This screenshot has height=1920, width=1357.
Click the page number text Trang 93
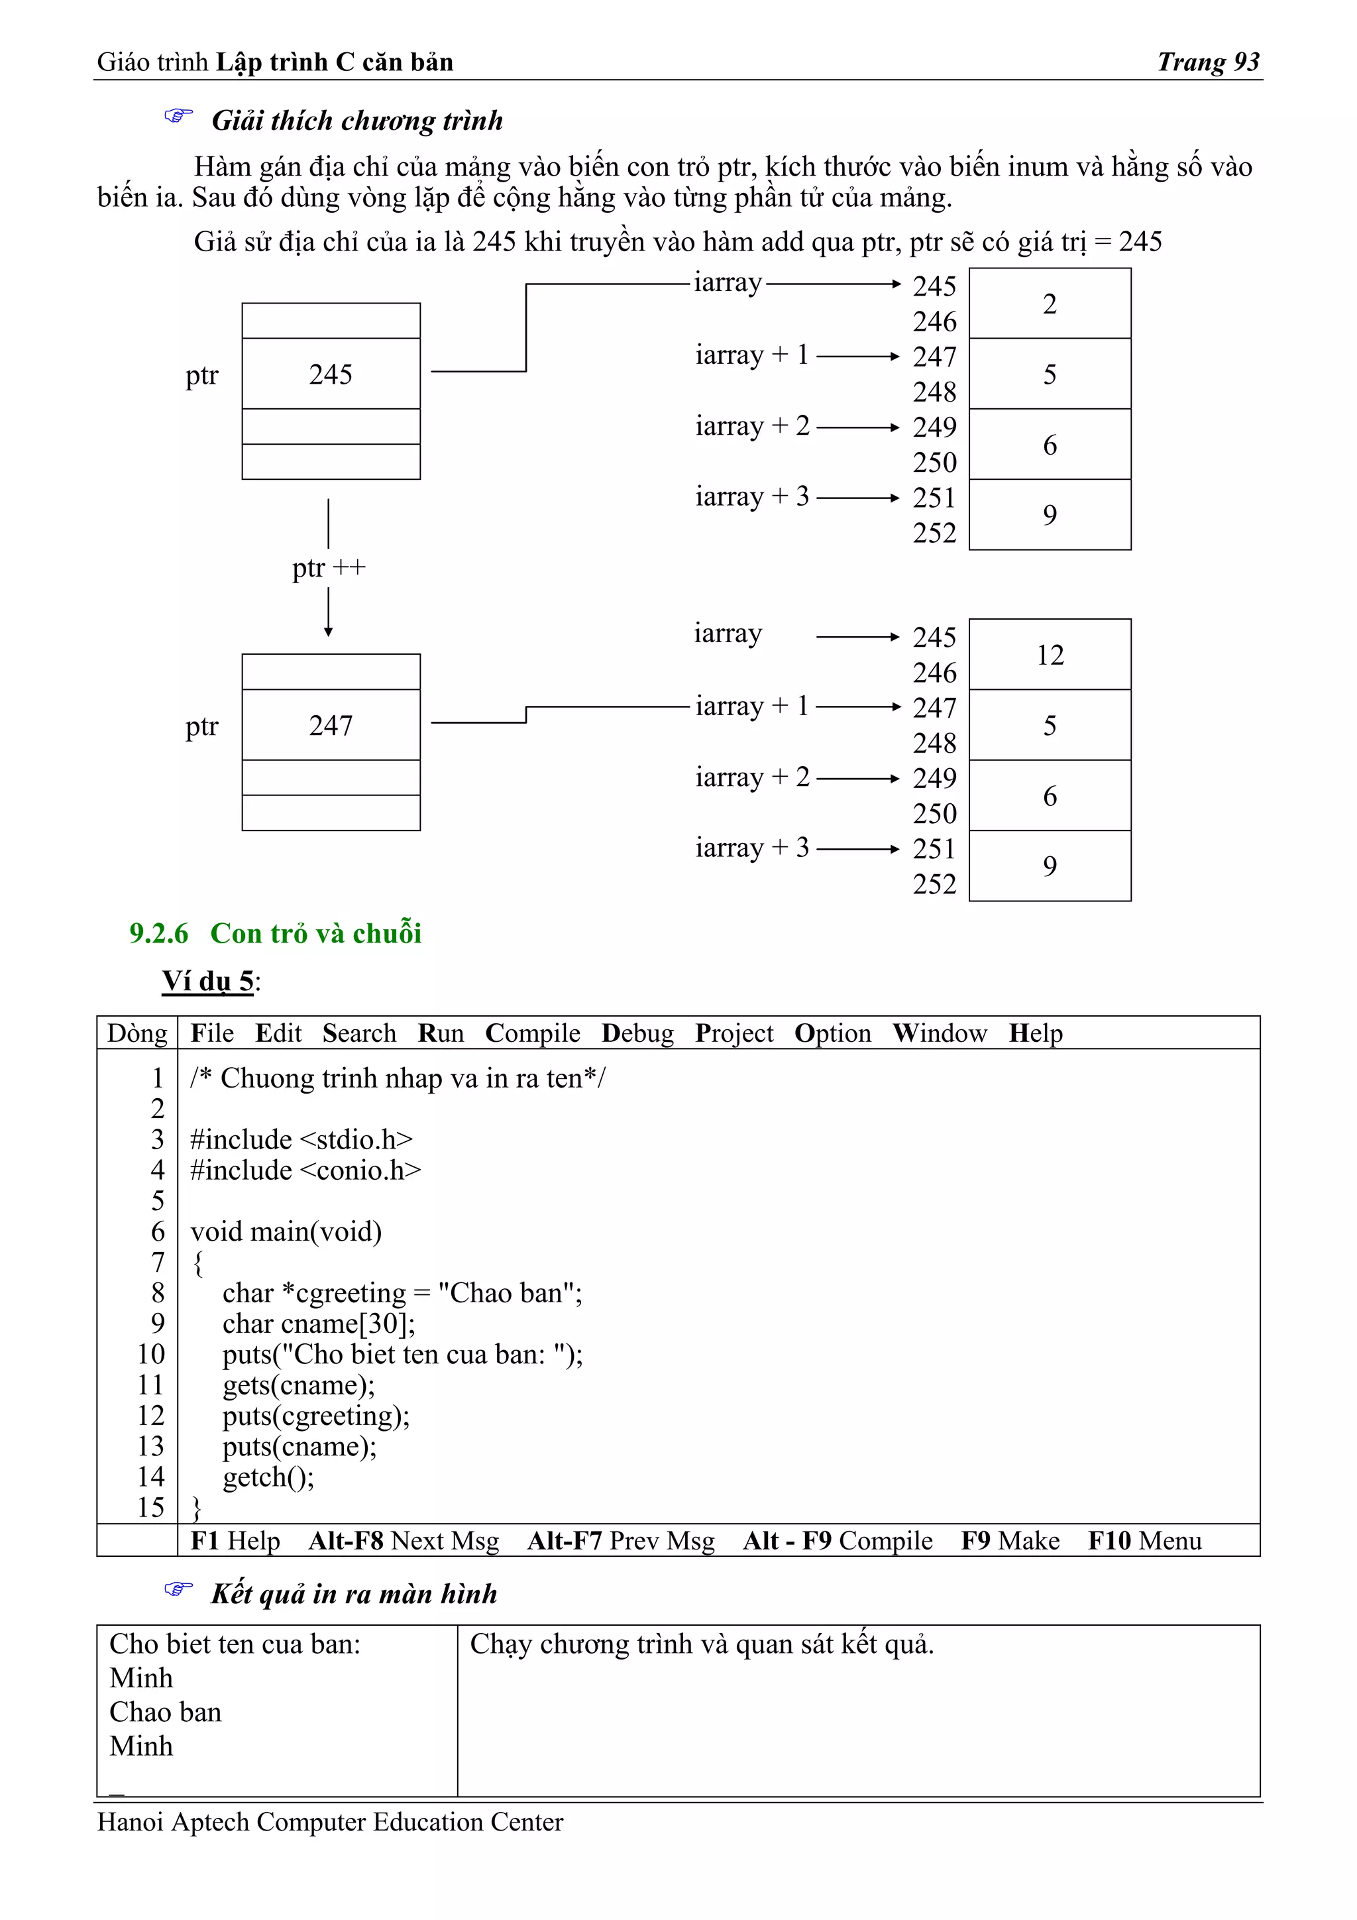[1207, 62]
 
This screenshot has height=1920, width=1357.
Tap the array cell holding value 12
[1050, 655]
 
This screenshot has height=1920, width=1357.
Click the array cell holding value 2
[1050, 304]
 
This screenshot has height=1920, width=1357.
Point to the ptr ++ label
[329, 568]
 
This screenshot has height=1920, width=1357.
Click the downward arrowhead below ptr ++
[328, 632]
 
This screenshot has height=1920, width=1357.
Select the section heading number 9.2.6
[159, 933]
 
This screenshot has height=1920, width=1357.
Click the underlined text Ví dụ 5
[207, 981]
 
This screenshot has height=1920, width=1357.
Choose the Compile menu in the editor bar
[533, 1034]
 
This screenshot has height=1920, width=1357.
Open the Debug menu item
[637, 1034]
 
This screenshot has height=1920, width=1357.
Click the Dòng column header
[137, 1034]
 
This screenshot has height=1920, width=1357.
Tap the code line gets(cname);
[298, 1386]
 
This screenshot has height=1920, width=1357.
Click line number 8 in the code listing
[158, 1294]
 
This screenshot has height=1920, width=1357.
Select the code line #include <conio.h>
[305, 1170]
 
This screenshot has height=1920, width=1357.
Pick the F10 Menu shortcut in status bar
[1144, 1541]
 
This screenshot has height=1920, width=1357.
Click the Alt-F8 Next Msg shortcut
[403, 1541]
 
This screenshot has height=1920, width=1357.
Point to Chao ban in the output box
[166, 1713]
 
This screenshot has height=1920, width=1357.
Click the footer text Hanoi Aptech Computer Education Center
[330, 1822]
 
